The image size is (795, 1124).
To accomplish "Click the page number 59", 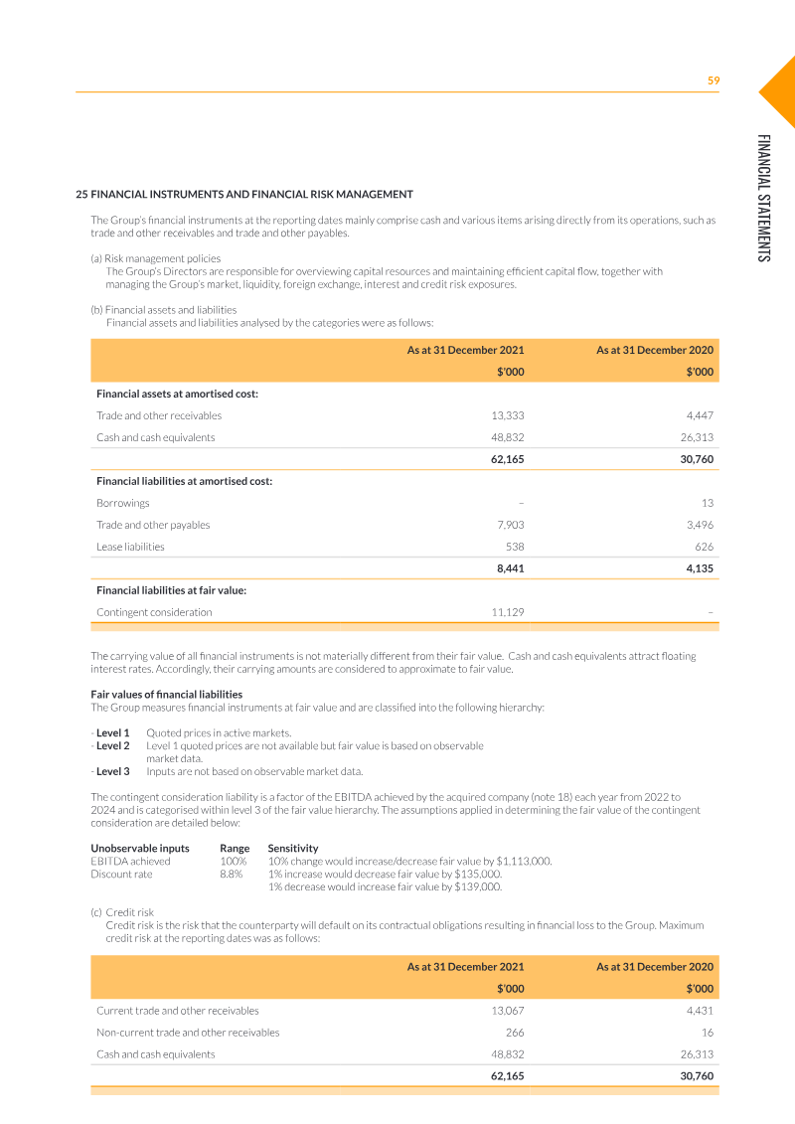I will (713, 80).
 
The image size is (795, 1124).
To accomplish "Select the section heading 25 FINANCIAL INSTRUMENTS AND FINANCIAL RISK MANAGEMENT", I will (244, 194).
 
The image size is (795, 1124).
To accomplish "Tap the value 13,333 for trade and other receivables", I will (508, 415).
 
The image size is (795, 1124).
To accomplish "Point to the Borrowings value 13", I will (707, 503).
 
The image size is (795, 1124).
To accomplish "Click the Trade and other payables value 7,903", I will (509, 525).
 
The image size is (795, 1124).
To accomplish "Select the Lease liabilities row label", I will (130, 547).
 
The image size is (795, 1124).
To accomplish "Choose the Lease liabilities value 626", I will (702, 547).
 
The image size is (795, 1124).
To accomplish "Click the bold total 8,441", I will (510, 569).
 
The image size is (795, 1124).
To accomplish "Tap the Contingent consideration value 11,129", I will (508, 612).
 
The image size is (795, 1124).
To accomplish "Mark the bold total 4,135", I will (699, 569).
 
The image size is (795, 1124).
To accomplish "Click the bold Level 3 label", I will (112, 770).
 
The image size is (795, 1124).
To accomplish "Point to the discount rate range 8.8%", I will (232, 875).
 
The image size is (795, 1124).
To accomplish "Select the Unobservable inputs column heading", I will (140, 848).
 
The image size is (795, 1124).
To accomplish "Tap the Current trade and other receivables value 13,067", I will (508, 1011).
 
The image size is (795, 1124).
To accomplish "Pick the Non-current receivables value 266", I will (514, 1033).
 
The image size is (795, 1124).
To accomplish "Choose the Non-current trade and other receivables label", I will (188, 1033).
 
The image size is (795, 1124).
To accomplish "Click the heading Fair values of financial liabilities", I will (166, 694).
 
